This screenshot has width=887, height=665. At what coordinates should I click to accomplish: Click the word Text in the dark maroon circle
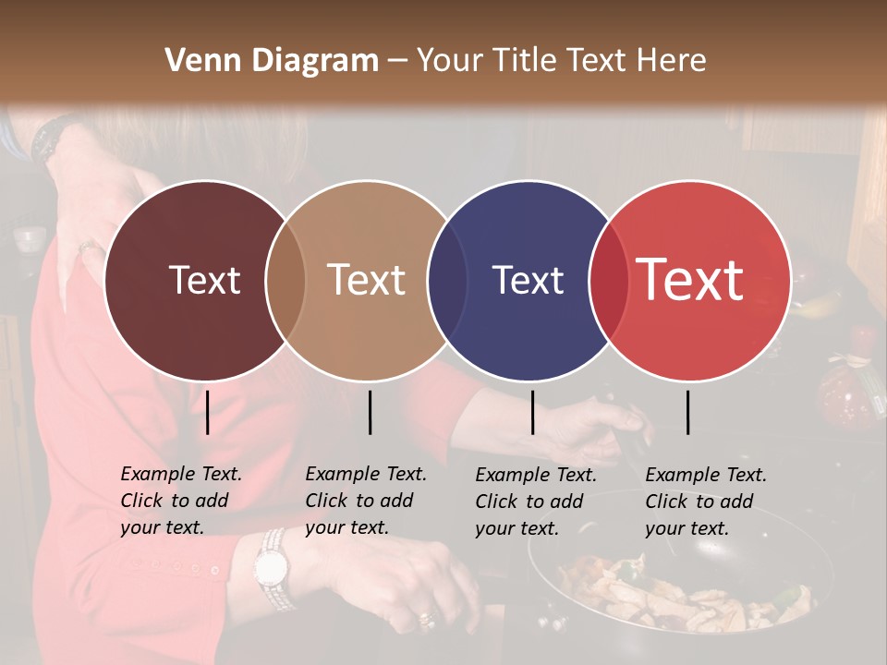click(x=204, y=280)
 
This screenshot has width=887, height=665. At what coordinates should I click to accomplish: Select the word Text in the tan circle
click(x=367, y=280)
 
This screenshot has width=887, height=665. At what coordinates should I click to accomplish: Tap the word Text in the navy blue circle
click(x=528, y=280)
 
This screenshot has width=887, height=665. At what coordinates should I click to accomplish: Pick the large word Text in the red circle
click(x=690, y=280)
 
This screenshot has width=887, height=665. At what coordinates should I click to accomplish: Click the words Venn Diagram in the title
click(x=272, y=60)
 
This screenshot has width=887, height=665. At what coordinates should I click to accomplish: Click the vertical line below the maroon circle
click(x=207, y=412)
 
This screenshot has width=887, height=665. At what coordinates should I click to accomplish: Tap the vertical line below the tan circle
click(x=370, y=412)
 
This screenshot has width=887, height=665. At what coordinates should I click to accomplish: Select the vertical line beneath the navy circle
click(x=532, y=412)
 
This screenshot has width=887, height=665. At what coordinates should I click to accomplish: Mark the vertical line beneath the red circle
click(x=688, y=412)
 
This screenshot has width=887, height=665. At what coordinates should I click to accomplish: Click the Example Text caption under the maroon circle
click(x=181, y=501)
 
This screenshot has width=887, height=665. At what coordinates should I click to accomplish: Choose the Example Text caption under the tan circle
click(x=366, y=501)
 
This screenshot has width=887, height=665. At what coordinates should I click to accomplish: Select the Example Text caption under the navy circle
click(x=536, y=502)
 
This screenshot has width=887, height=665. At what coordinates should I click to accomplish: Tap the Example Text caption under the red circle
click(x=706, y=502)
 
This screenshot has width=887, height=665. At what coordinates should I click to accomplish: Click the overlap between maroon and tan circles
click(x=286, y=280)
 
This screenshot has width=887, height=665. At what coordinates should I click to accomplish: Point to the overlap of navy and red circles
click(x=606, y=280)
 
